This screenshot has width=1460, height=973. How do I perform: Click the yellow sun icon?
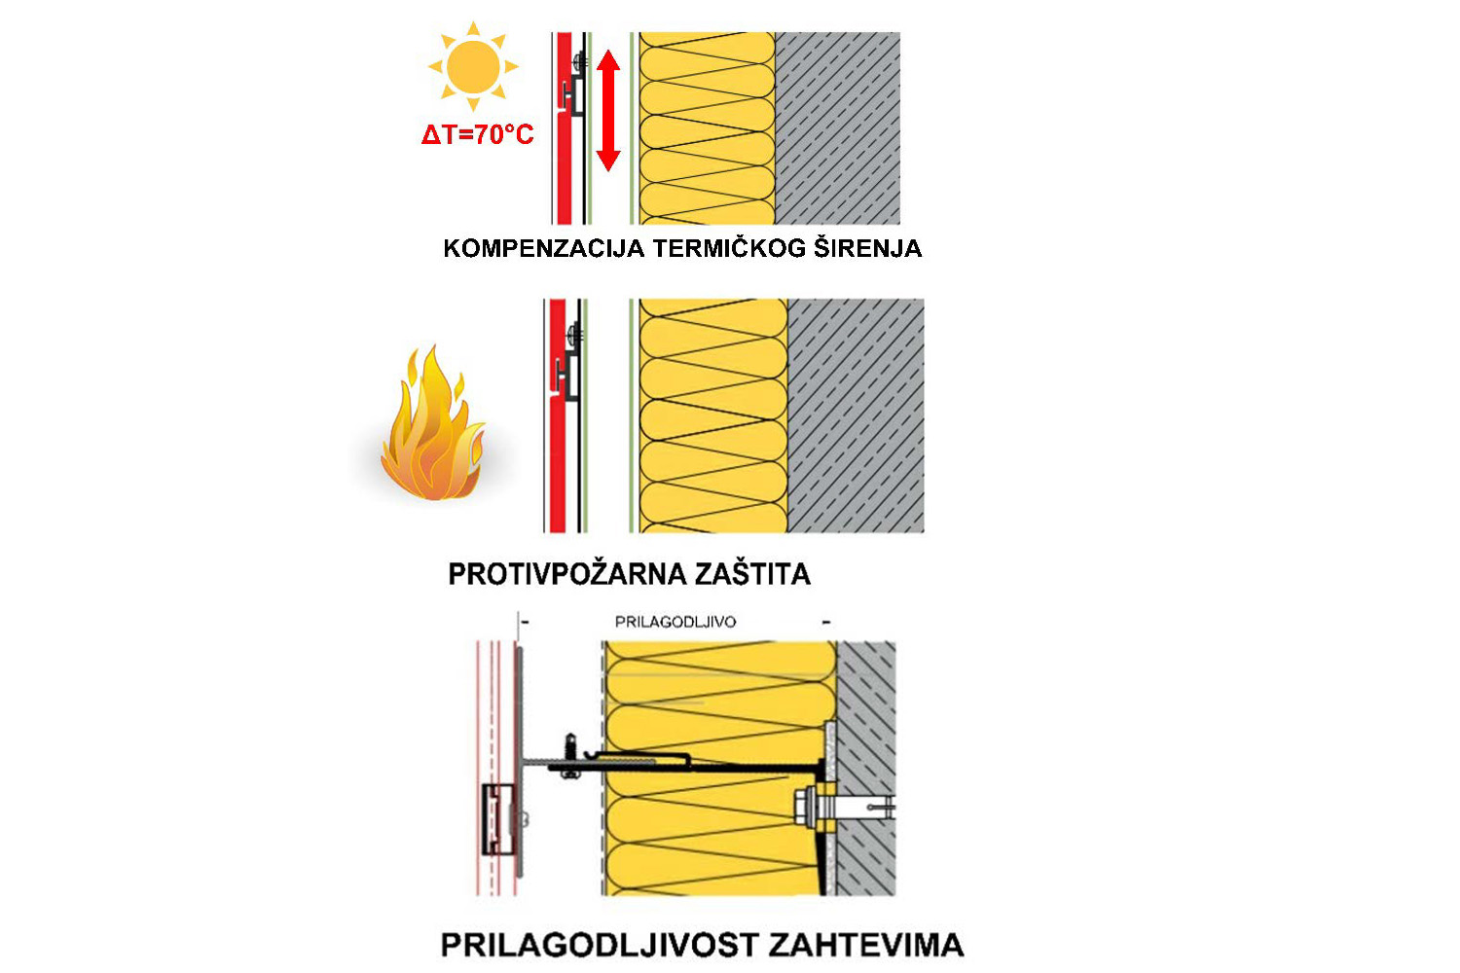pyautogui.click(x=473, y=66)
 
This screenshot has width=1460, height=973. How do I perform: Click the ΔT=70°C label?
pyautogui.click(x=477, y=134)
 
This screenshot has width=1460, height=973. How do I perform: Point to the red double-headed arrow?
pyautogui.click(x=608, y=111)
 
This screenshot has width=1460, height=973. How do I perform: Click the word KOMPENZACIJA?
pyautogui.click(x=543, y=248)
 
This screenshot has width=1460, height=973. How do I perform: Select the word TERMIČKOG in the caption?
pyautogui.click(x=729, y=248)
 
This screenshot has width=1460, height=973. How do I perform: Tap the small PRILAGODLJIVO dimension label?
pyautogui.click(x=675, y=622)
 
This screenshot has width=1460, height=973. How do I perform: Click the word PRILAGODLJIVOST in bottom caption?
pyautogui.click(x=600, y=945)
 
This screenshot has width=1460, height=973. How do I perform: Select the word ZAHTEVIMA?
pyautogui.click(x=865, y=945)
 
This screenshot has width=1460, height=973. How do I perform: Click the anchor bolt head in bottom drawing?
pyautogui.click(x=807, y=806)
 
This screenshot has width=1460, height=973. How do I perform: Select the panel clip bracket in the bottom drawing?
pyautogui.click(x=500, y=818)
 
